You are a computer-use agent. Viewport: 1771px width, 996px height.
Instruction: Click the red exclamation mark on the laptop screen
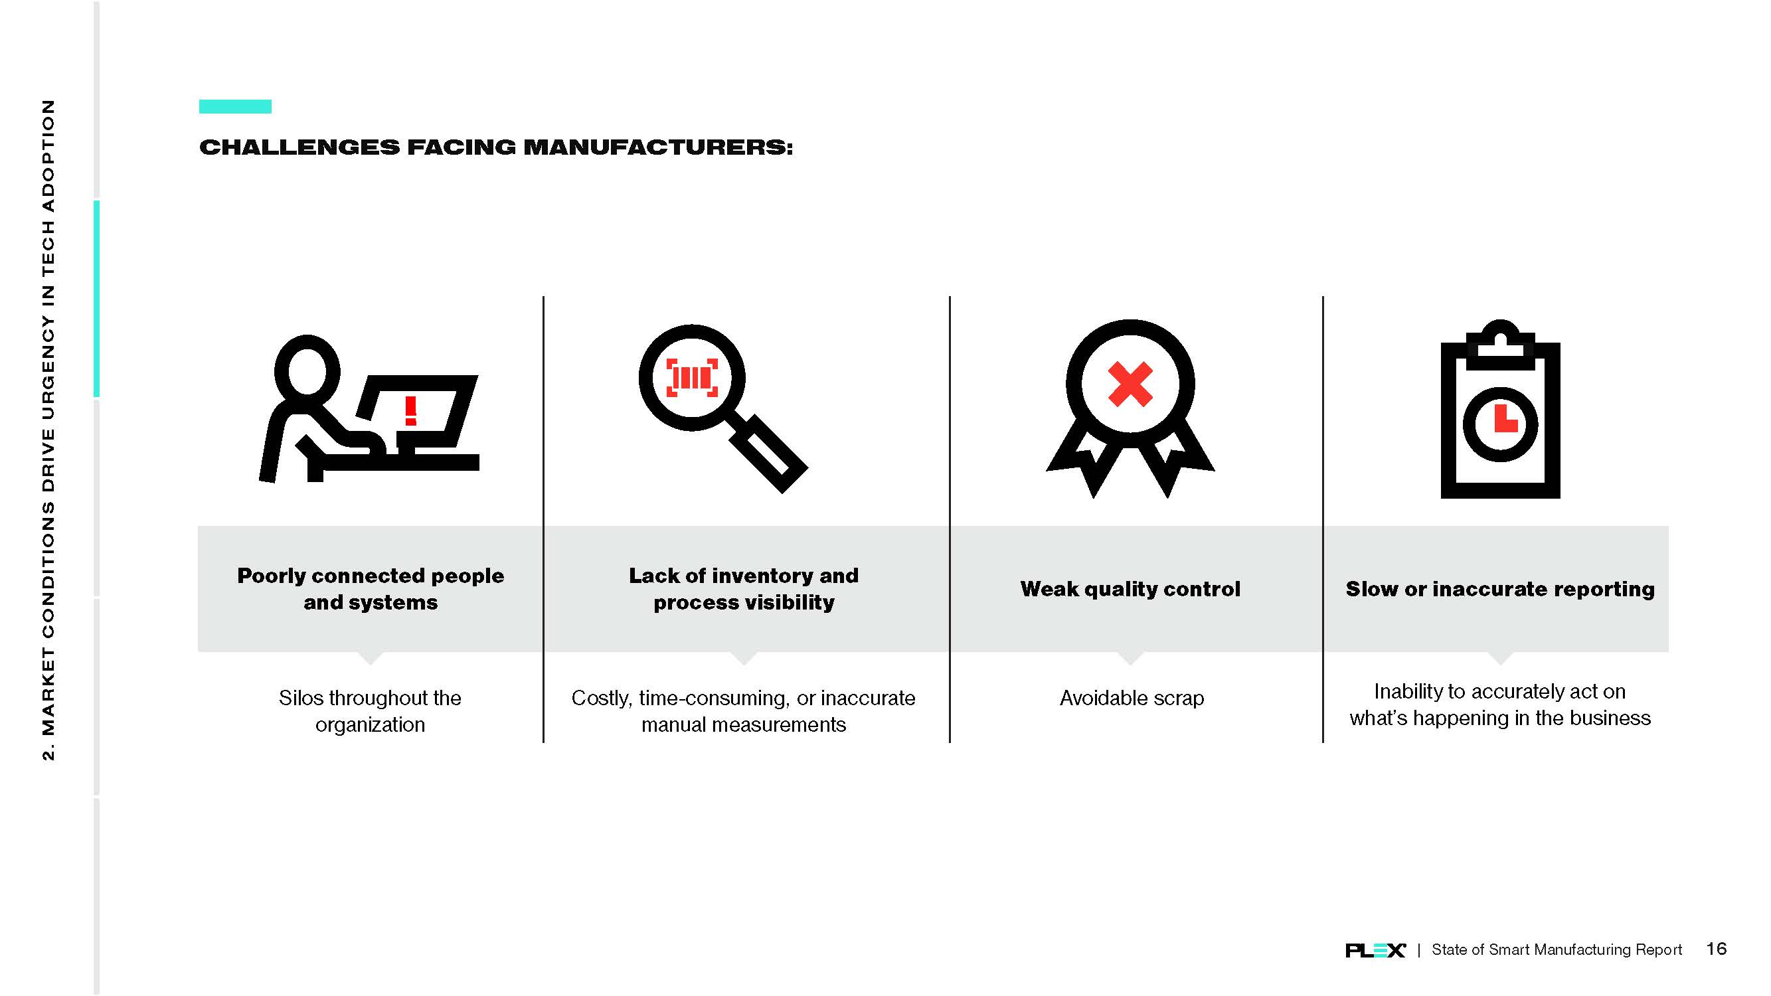(x=410, y=410)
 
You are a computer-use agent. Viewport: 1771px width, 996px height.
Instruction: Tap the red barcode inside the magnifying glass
(x=693, y=377)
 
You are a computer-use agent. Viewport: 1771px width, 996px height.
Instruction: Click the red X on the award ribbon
(x=1130, y=384)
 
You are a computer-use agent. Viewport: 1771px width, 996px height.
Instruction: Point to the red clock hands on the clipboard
(x=1505, y=418)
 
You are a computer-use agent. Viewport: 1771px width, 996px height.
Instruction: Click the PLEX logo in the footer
(x=1375, y=950)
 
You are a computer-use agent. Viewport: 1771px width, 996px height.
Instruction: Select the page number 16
(x=1716, y=949)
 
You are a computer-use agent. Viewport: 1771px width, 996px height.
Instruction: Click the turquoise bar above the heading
(x=235, y=106)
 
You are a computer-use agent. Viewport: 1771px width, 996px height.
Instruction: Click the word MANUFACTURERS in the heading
(x=658, y=147)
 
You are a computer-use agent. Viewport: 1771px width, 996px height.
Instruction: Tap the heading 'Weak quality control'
(x=1130, y=589)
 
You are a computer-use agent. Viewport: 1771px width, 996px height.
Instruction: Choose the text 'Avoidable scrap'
(x=1132, y=698)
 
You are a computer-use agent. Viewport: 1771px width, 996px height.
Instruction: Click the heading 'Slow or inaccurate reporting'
(x=1500, y=589)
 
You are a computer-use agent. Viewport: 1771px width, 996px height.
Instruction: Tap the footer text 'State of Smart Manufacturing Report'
(x=1557, y=950)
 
